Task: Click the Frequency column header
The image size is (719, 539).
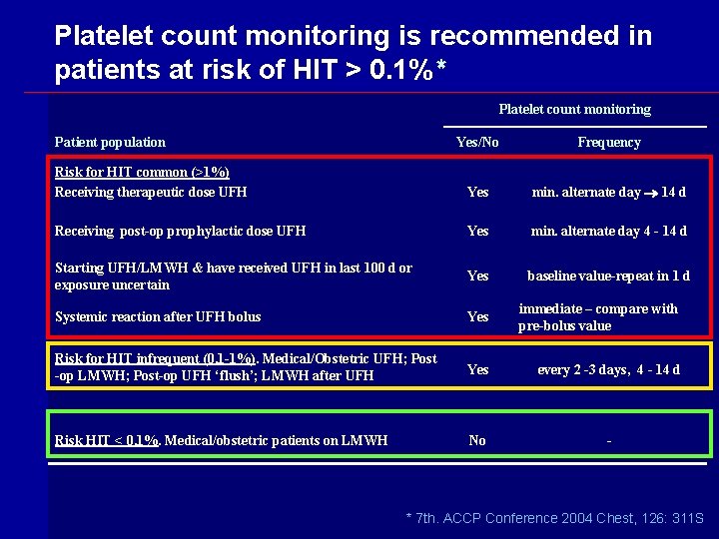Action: point(608,143)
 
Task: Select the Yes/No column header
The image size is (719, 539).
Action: point(477,143)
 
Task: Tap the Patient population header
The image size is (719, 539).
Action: point(110,143)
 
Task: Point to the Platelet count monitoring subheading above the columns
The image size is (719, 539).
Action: point(574,110)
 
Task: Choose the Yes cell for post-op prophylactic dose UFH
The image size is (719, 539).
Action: point(478,232)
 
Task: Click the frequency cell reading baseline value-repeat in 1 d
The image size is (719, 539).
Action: point(608,276)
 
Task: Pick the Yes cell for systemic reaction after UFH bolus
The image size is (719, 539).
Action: point(478,317)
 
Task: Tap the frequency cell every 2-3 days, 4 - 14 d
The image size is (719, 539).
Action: point(608,370)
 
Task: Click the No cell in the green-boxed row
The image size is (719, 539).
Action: point(477,440)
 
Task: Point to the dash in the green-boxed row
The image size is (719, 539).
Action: point(608,440)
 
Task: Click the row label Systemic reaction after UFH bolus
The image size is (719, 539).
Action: point(158,317)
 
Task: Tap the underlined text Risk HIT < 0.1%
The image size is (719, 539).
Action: point(107,440)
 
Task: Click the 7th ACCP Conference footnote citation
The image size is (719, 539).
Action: point(554,518)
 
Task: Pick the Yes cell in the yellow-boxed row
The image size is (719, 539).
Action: point(478,370)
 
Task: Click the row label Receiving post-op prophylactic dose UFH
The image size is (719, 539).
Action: point(180,232)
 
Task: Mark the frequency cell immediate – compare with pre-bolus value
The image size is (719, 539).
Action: point(597,317)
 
